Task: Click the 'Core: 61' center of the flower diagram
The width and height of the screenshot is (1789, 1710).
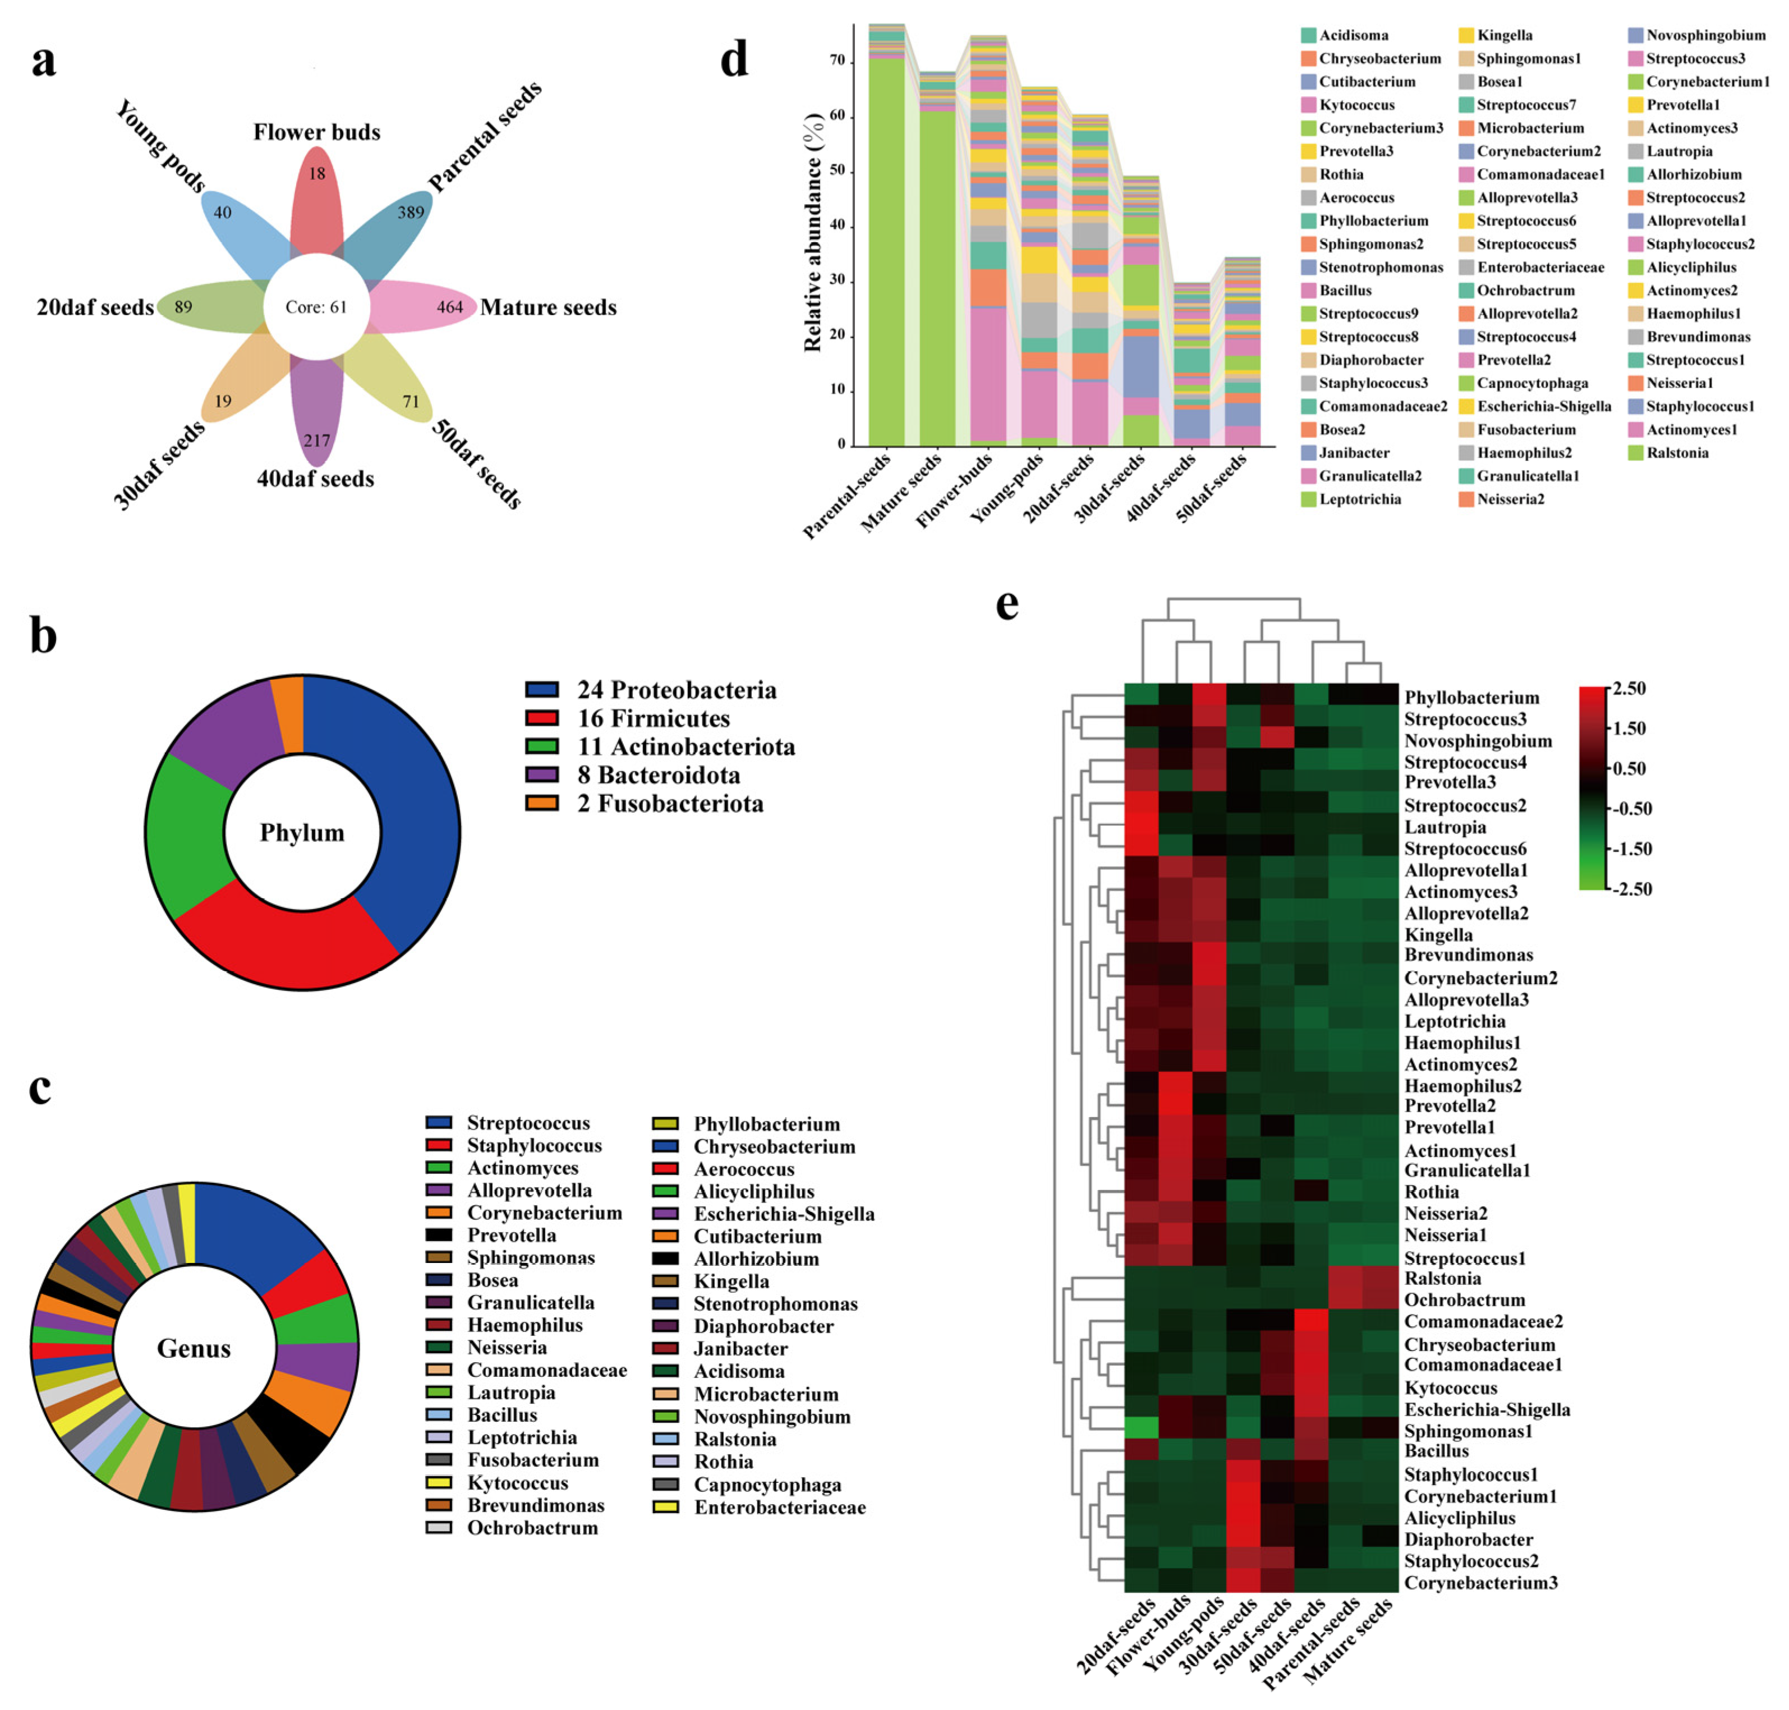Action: tap(315, 307)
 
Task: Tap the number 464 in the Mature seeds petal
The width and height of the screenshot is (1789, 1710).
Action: tap(449, 307)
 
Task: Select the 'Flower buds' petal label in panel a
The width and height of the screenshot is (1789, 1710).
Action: tap(316, 132)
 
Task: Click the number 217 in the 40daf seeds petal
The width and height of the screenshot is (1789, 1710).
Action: tap(316, 440)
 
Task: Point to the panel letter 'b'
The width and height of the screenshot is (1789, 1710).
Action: tap(43, 635)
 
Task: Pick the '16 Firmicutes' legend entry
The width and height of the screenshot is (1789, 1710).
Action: tap(653, 718)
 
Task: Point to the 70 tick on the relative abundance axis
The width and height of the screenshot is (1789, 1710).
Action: tap(836, 61)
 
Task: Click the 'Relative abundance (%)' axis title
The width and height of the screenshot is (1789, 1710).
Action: tap(812, 232)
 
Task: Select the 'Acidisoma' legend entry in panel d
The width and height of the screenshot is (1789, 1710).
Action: tap(1353, 35)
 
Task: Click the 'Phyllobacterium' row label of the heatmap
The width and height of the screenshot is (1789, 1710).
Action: tap(1471, 697)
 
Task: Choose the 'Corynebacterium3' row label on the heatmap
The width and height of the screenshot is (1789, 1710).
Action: tap(1480, 1582)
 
